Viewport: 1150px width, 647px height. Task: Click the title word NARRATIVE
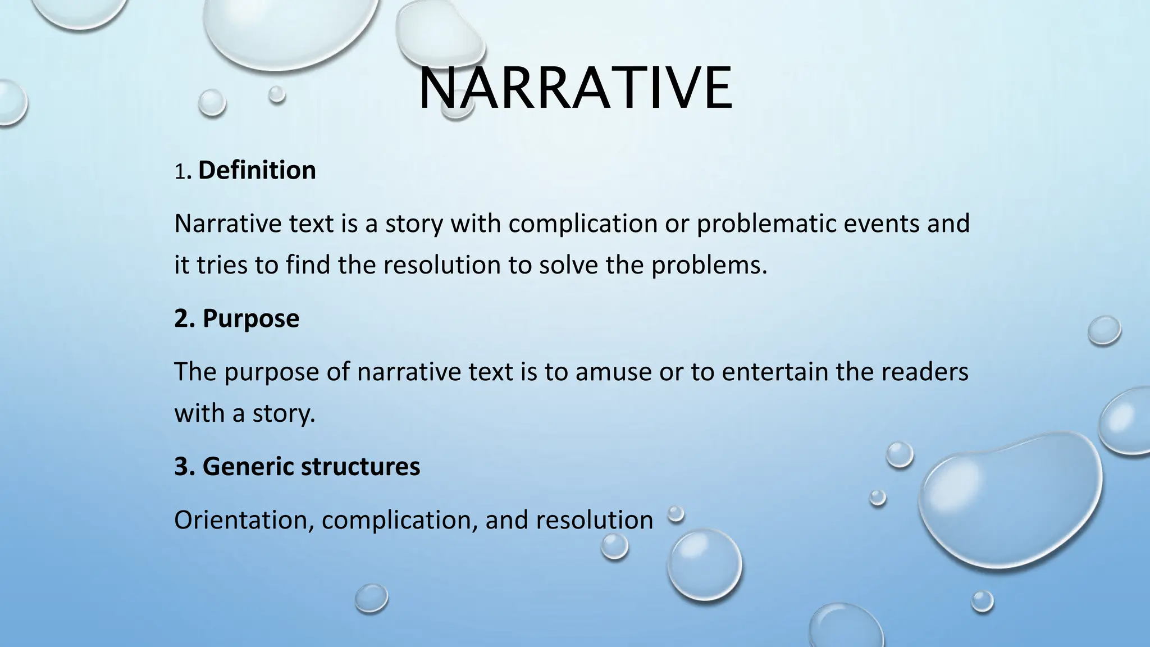[575, 89]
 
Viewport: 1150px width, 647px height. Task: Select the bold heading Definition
[257, 170]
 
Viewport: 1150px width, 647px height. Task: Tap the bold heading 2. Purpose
[236, 318]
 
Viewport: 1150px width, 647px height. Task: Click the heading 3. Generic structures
[297, 466]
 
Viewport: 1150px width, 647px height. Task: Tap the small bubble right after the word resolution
[676, 513]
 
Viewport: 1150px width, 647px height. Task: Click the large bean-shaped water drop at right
[1011, 494]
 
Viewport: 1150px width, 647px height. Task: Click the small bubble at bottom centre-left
[371, 598]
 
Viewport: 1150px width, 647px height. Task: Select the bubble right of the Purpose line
[1104, 330]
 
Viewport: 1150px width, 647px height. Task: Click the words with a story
[244, 413]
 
